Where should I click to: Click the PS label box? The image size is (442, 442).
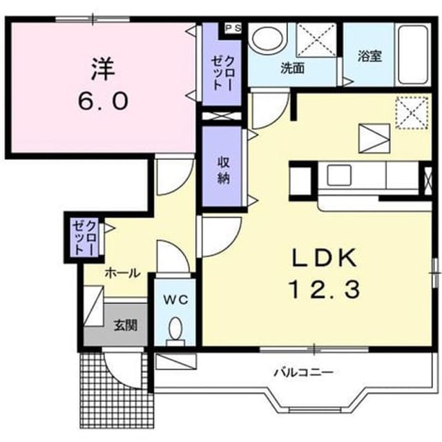point(233,28)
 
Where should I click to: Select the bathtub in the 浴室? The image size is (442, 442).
point(413,55)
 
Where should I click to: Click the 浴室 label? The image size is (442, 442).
point(369,56)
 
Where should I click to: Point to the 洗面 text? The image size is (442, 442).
point(292,68)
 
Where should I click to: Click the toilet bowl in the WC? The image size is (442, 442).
point(175,329)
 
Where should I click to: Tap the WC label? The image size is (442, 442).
point(176,300)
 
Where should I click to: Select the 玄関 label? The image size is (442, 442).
point(126,325)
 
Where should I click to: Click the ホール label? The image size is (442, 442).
point(122,273)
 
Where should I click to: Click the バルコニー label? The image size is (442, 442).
point(304,373)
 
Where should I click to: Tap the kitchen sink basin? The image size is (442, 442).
point(339,175)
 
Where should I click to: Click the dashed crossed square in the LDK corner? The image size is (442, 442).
point(412,113)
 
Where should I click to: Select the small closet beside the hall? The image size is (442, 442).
point(84,237)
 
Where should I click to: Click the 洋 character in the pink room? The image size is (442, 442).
point(102,68)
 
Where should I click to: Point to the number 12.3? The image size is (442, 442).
point(323,290)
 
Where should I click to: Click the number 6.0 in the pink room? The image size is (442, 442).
point(103,102)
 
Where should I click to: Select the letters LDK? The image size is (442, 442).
point(325,258)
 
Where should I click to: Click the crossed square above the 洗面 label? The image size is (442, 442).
point(316,40)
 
